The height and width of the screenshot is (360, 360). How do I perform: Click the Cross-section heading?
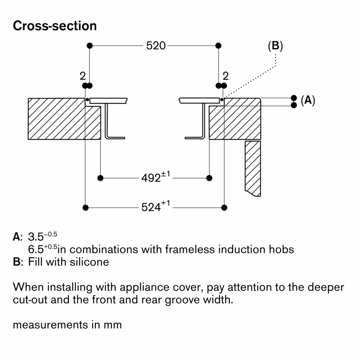(55, 26)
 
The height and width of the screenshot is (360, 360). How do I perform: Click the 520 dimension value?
(156, 46)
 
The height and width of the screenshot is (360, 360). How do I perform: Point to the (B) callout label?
(275, 46)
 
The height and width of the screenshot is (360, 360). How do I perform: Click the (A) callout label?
(308, 101)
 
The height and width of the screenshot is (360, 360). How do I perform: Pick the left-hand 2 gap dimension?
(83, 76)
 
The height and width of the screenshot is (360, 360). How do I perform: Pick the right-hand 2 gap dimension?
(226, 76)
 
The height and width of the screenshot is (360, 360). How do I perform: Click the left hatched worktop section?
(58, 119)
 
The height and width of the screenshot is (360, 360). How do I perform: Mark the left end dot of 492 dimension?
(100, 178)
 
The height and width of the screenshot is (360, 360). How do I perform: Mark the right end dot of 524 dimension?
(224, 207)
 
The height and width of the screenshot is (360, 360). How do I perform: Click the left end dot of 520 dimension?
(90, 46)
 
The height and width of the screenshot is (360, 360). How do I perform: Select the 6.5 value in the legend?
(35, 249)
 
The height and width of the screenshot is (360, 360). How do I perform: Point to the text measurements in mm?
(67, 324)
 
